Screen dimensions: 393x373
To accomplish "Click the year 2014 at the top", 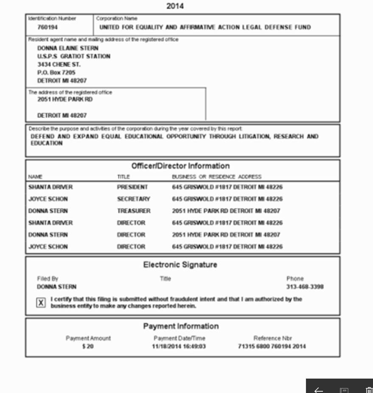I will pyautogui.click(x=175, y=6).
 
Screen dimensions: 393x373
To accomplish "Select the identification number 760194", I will pyautogui.click(x=48, y=28).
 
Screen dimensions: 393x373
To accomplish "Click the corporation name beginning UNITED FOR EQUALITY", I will pyautogui.click(x=205, y=28).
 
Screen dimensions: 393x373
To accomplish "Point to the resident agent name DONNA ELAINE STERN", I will pyautogui.click(x=67, y=48).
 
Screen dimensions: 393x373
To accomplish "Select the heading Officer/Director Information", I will pyautogui.click(x=180, y=166).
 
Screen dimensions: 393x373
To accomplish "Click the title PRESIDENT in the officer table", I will pyautogui.click(x=132, y=187).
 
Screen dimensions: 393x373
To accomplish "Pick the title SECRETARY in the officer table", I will pyautogui.click(x=133, y=199).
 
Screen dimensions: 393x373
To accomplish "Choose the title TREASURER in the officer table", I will pyautogui.click(x=134, y=211).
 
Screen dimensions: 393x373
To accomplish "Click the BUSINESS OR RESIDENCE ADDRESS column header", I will pyautogui.click(x=216, y=177).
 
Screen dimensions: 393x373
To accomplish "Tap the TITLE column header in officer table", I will pyautogui.click(x=123, y=177).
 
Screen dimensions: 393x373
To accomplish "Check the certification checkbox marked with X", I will pyautogui.click(x=41, y=303).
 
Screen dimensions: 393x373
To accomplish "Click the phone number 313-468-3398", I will pyautogui.click(x=305, y=287).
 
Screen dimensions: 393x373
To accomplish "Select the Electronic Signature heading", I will pyautogui.click(x=180, y=265).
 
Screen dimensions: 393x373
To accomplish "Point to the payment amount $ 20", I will pyautogui.click(x=88, y=346).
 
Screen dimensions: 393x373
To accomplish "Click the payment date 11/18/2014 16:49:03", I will pyautogui.click(x=179, y=346).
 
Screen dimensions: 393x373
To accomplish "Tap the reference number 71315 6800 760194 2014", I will pyautogui.click(x=272, y=346).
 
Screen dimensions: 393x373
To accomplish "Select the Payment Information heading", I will pyautogui.click(x=181, y=326).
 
